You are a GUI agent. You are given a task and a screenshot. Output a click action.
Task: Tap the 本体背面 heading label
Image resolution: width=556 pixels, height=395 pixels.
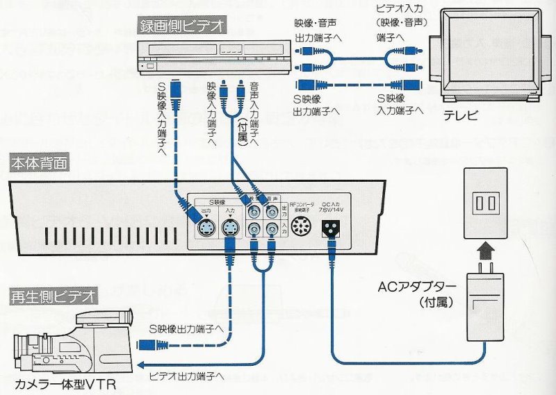(40, 164)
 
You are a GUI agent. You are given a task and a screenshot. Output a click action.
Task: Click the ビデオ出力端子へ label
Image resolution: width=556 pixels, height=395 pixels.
(186, 376)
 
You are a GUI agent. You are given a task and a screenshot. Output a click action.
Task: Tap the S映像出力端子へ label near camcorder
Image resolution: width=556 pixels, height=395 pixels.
(186, 328)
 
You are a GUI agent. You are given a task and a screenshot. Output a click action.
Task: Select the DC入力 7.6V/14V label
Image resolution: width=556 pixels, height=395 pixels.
(331, 205)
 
